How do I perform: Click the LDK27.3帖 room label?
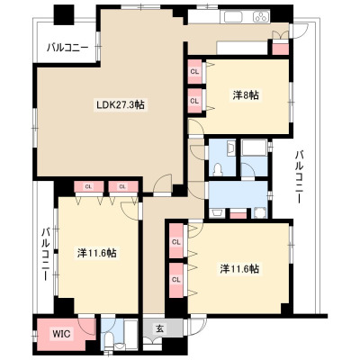click(120, 104)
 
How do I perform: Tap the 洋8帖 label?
click(246, 95)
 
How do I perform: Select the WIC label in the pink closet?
click(61, 334)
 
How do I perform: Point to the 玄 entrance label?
click(159, 328)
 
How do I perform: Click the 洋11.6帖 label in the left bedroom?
click(97, 253)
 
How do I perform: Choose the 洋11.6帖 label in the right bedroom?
click(239, 268)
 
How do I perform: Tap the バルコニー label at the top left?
click(67, 48)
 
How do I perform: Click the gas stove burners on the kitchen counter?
click(262, 16)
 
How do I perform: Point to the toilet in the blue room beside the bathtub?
click(217, 170)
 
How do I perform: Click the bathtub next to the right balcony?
click(254, 148)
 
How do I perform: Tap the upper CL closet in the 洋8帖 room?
click(194, 72)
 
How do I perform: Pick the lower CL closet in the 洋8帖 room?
click(194, 101)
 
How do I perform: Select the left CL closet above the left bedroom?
click(88, 186)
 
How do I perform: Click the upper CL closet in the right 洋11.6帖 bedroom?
click(176, 241)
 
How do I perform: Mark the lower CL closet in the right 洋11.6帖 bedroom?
click(176, 280)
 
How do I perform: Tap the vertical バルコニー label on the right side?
click(299, 177)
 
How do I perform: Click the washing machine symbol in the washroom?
click(260, 213)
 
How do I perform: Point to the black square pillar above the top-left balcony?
click(64, 14)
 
